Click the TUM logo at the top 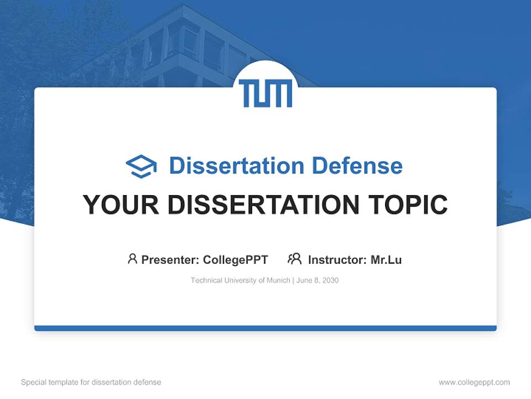click(265, 93)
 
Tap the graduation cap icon click(141, 166)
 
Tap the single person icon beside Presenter click(132, 259)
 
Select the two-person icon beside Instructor click(294, 259)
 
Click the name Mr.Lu click(386, 259)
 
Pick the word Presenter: click(170, 259)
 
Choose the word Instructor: click(337, 259)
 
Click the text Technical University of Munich click(240, 280)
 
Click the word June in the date click(304, 280)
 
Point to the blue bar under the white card click(265, 329)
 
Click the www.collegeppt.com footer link click(474, 382)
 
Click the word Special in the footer click(33, 382)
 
